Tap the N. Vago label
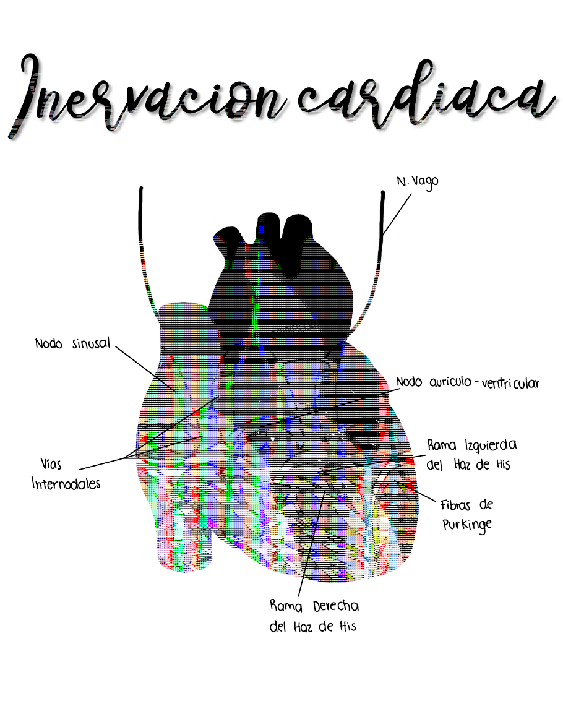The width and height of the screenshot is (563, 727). click(417, 183)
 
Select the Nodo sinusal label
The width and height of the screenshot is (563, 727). click(72, 343)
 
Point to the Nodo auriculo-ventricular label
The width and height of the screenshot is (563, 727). click(468, 383)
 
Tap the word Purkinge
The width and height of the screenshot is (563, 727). click(467, 525)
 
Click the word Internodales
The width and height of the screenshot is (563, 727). click(66, 483)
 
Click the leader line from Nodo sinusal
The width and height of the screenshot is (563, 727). click(145, 368)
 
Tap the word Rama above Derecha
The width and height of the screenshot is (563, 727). click(285, 606)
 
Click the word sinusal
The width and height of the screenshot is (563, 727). click(90, 343)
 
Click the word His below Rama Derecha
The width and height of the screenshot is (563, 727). click(346, 626)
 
